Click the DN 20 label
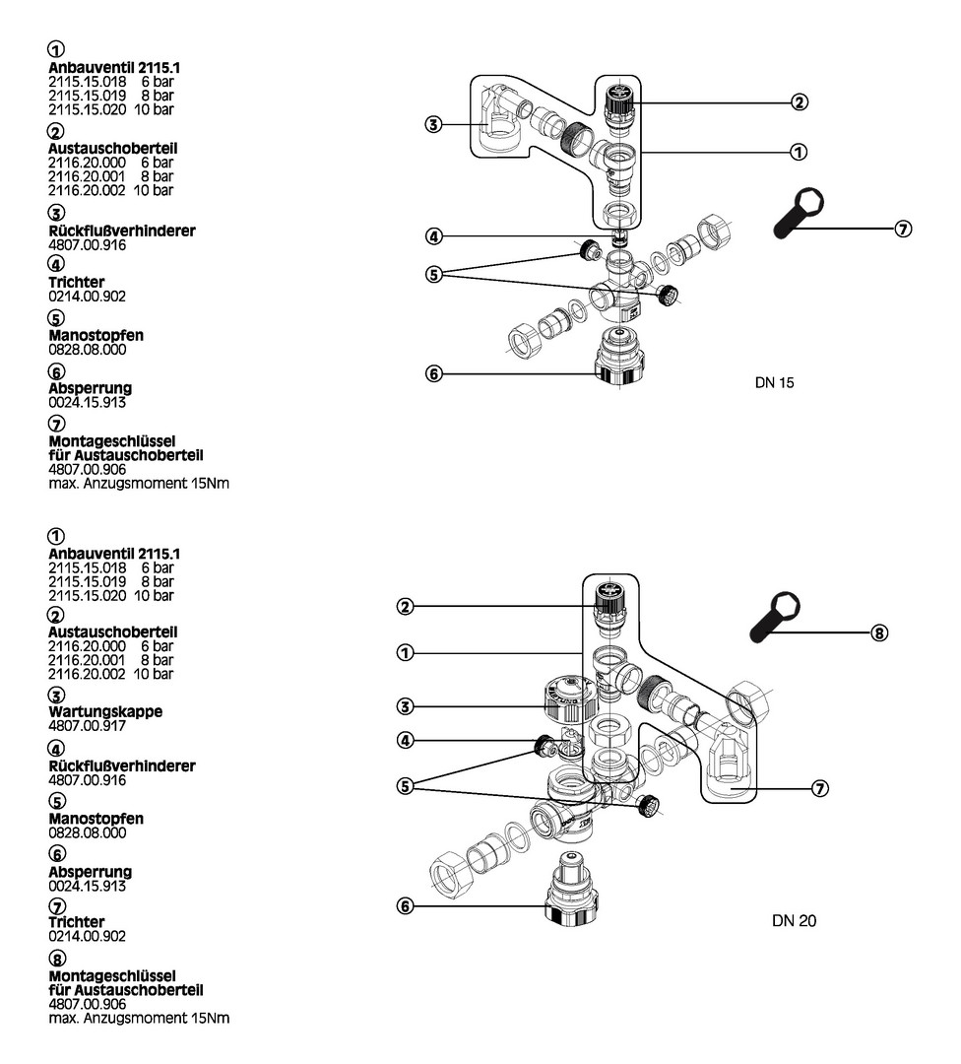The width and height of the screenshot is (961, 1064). pos(795,921)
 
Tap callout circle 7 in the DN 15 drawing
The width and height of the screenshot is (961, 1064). pos(904,229)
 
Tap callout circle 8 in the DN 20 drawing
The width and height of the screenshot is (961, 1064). pos(880,632)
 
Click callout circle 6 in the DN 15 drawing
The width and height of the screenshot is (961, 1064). pos(433,374)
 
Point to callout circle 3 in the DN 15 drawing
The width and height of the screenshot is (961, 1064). pos(433,124)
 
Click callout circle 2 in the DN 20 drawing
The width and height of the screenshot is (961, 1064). pos(404,606)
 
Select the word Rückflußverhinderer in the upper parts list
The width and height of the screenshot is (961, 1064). pos(122,231)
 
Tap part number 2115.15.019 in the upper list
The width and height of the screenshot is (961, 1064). pos(88,96)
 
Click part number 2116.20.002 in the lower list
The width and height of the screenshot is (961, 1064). pos(88,674)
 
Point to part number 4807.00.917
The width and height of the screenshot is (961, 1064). pos(88,724)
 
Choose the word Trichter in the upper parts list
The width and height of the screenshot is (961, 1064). pos(77,283)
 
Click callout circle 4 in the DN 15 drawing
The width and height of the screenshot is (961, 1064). pos(433,236)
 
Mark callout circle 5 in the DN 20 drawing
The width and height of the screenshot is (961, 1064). pos(404,785)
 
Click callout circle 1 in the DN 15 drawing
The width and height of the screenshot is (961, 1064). pos(799,152)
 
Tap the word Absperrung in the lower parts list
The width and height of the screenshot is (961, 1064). pos(91,872)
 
